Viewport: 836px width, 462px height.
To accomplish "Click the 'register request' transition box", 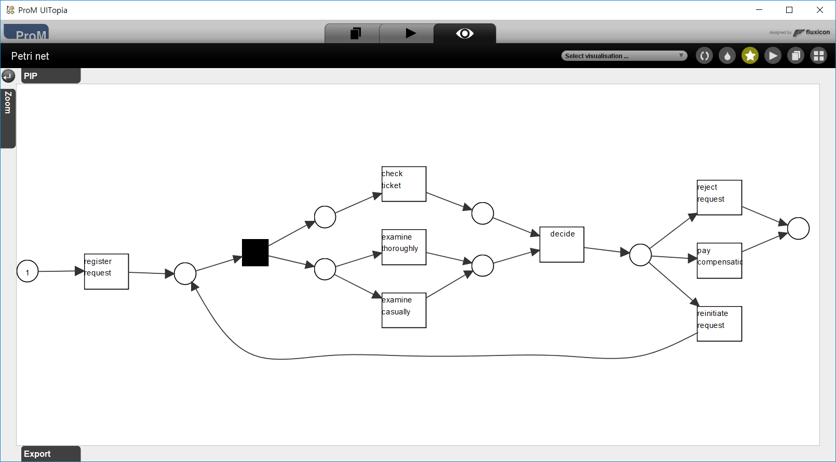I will pos(106,271).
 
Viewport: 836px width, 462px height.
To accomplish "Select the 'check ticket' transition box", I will pos(404,184).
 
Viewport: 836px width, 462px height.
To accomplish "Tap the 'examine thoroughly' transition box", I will pos(404,247).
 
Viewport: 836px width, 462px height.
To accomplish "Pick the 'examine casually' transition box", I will pos(404,310).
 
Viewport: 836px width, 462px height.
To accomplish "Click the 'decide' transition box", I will pos(562,244).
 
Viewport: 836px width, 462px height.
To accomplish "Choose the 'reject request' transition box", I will pos(719,197).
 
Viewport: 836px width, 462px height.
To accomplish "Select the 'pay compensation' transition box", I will pos(719,261).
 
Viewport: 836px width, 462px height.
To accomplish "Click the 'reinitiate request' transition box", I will pos(719,324).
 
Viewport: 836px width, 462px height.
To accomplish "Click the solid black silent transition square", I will pos(255,253).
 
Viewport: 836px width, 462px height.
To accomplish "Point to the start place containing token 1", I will pos(28,271).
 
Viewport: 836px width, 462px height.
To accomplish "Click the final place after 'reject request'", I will pos(798,229).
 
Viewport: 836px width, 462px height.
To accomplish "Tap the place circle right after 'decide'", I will pos(640,255).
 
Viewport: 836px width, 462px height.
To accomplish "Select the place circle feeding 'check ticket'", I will pos(325,217).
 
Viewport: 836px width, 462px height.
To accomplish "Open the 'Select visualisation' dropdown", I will pos(624,56).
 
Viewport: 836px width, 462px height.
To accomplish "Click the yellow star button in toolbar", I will pos(750,56).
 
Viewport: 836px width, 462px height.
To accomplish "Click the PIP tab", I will pos(50,76).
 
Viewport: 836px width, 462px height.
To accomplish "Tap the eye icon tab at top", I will pos(465,34).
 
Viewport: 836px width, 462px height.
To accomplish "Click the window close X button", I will pos(820,10).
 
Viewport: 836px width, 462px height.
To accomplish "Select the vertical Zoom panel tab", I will pos(8,118).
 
